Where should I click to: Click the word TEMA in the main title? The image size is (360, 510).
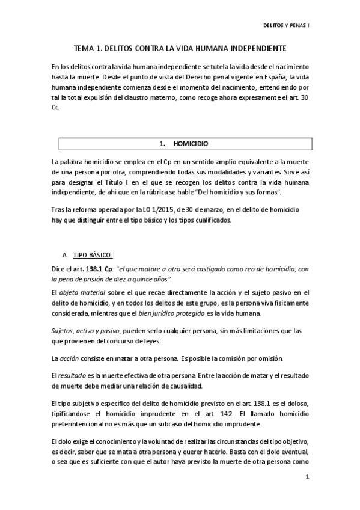pyautogui.click(x=84, y=48)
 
